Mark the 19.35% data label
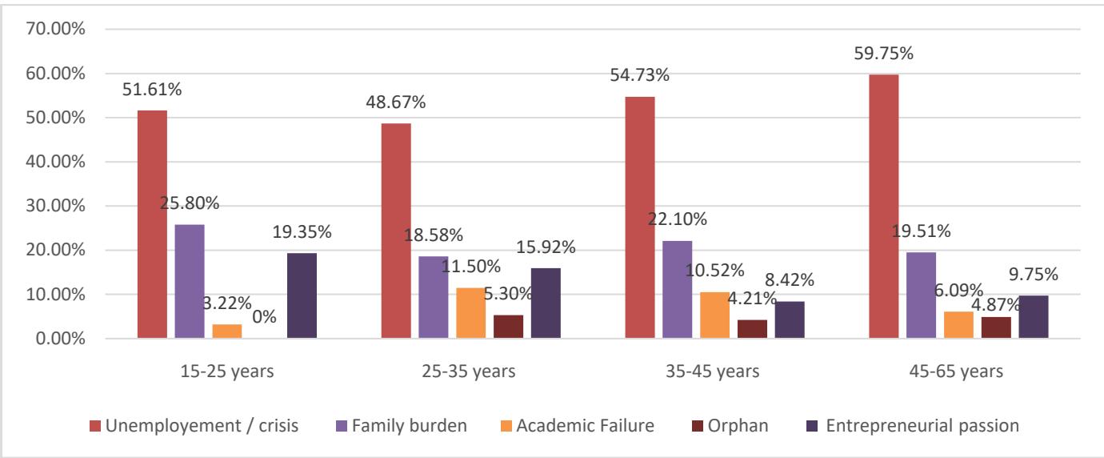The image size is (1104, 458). coord(302,233)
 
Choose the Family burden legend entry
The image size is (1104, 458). coord(414,424)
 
